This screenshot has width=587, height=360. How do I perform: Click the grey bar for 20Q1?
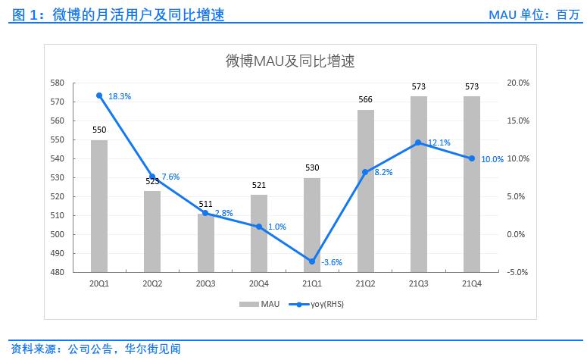99,205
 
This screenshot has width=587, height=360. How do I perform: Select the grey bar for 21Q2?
365,190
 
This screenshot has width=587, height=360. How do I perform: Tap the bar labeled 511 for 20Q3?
205,243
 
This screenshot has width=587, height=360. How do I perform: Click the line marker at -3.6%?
312,261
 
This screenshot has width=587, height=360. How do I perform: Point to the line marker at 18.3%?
99,95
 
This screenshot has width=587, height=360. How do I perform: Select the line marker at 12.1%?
418,142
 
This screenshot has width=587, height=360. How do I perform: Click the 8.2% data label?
383,172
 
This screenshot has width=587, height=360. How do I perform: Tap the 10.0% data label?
492,159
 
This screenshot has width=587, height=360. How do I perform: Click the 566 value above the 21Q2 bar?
365,100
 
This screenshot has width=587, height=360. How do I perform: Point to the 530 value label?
312,168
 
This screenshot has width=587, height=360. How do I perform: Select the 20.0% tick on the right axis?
517,83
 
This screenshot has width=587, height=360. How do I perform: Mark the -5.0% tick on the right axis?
517,272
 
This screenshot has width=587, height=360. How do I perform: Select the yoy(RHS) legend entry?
314,304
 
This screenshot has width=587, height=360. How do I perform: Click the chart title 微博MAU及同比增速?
290,61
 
